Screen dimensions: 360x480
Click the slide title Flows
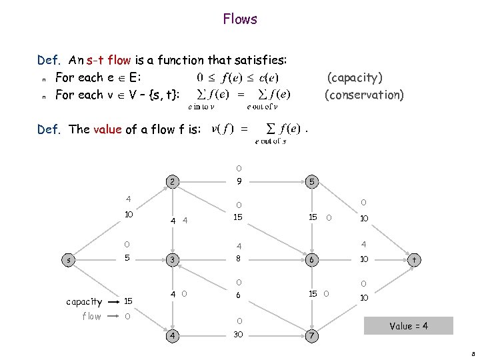coord(240,19)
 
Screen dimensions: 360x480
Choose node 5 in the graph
coord(310,181)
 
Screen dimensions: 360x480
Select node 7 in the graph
coord(310,334)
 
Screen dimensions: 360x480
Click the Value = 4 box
coord(409,326)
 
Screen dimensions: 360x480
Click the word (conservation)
coord(364,95)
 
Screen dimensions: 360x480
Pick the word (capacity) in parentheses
coord(354,78)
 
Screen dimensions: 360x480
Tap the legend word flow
coord(91,317)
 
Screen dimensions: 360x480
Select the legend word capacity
coord(84,302)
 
